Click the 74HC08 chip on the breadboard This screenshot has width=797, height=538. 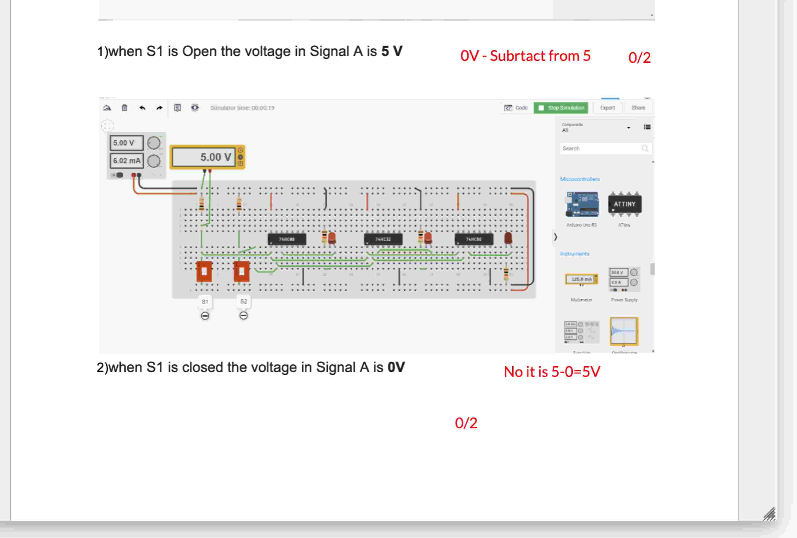point(287,239)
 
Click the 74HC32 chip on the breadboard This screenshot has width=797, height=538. point(383,239)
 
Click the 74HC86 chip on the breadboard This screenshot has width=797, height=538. point(474,239)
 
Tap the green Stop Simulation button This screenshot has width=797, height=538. point(561,108)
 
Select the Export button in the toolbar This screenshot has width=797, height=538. point(607,108)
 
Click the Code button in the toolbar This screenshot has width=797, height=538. point(516,108)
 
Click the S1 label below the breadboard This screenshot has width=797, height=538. point(205,302)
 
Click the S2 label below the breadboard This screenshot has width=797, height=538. point(244,301)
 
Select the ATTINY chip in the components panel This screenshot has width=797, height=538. point(624,204)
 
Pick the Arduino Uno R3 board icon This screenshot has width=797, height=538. point(582,204)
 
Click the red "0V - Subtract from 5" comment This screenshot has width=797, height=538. point(525,56)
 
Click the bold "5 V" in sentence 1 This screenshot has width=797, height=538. point(392,52)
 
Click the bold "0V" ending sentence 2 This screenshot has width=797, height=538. point(396,367)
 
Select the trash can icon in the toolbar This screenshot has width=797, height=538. point(124,108)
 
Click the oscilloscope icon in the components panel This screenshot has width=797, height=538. point(624,331)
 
